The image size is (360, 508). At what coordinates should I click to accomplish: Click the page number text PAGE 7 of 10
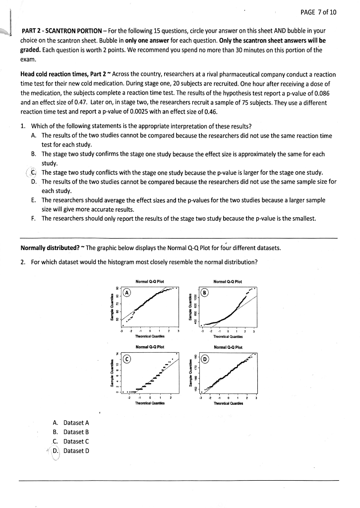pos(318,12)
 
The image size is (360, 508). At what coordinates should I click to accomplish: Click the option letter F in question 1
pos(33,218)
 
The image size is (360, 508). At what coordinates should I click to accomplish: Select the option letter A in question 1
pos(33,135)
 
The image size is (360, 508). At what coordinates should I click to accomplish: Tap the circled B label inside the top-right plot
pos(204,292)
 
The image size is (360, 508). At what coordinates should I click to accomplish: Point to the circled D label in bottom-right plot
pos(204,359)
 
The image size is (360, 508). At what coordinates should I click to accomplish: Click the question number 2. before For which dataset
pos(23,261)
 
